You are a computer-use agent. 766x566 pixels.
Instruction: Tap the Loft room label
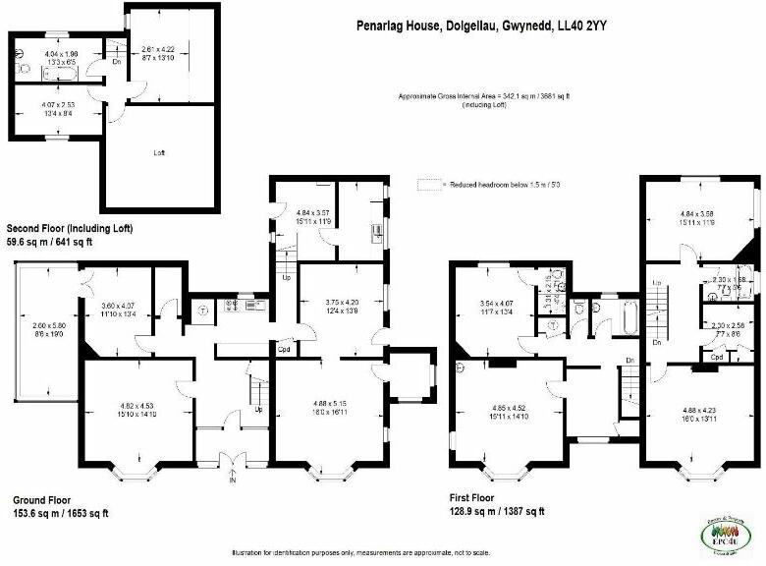159,153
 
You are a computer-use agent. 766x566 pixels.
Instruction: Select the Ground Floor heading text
40,499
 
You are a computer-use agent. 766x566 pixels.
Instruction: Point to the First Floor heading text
479,498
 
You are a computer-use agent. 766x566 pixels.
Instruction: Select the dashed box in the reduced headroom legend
427,184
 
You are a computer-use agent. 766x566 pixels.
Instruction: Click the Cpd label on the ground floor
284,348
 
